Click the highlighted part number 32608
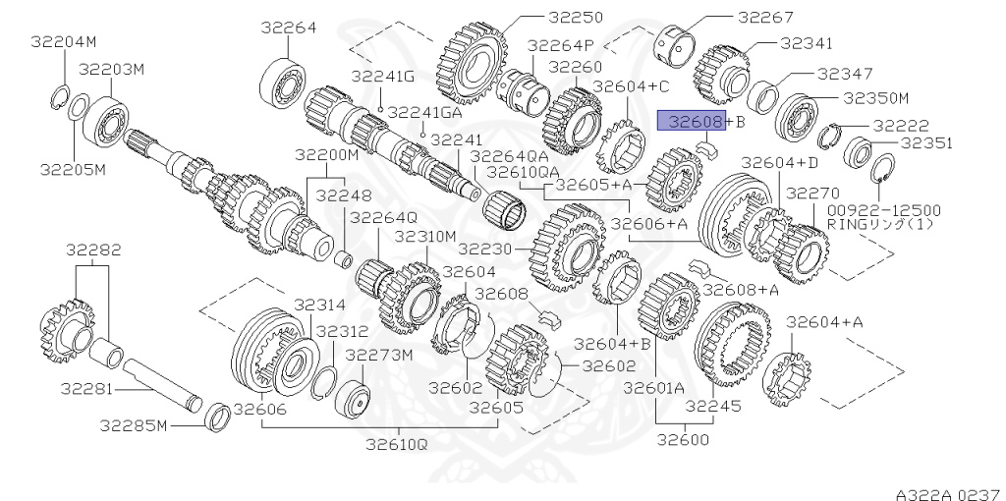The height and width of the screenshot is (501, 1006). (692, 121)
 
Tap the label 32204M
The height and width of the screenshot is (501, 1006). (64, 42)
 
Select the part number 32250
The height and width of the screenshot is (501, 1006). (576, 18)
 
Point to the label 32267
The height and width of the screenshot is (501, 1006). (765, 18)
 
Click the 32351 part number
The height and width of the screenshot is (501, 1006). (927, 143)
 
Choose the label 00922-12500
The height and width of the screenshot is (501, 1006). (883, 210)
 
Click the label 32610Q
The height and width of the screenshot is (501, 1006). (397, 443)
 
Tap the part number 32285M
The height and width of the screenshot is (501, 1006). (134, 425)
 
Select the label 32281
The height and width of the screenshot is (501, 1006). (86, 389)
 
